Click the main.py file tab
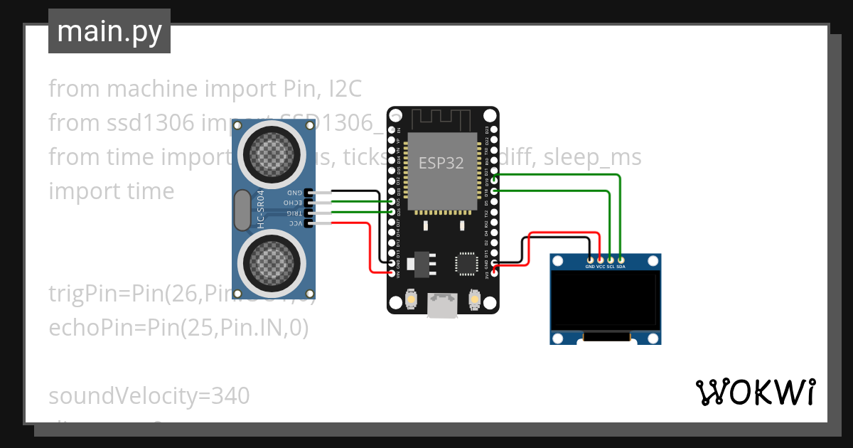(x=109, y=31)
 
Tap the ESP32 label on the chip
(x=441, y=163)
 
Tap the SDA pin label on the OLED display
(x=621, y=267)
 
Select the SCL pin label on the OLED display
(x=611, y=267)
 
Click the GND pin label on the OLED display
(x=590, y=267)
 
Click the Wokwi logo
(x=755, y=392)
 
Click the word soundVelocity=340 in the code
(x=149, y=396)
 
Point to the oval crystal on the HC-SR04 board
(x=242, y=210)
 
